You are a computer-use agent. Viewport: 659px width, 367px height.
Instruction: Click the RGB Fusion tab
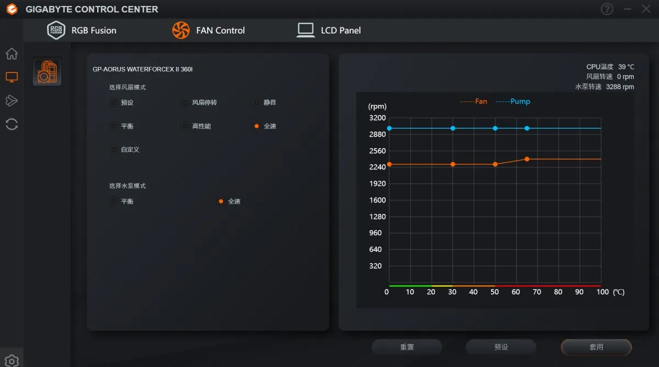click(x=81, y=30)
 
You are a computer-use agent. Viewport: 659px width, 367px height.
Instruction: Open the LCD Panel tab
click(x=328, y=30)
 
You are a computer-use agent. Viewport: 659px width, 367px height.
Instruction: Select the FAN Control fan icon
click(x=181, y=30)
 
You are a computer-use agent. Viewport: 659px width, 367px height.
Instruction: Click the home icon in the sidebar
click(x=12, y=54)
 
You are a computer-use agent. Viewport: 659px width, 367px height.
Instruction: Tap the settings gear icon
click(x=12, y=361)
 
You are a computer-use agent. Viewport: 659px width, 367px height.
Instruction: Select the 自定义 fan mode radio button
click(x=114, y=150)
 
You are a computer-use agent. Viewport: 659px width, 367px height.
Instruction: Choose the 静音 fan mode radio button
click(x=256, y=102)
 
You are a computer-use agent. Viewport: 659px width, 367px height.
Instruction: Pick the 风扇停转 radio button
click(x=185, y=102)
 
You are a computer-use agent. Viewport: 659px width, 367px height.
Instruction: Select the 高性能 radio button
click(x=185, y=126)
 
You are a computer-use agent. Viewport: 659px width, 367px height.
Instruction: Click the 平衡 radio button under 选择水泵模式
click(x=114, y=201)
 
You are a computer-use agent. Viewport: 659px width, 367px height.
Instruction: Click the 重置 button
click(x=406, y=347)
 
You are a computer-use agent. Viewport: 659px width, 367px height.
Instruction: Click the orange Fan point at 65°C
click(x=527, y=159)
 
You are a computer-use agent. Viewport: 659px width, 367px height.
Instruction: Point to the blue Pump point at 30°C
click(x=453, y=128)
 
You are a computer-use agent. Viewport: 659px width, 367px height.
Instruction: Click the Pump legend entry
click(x=513, y=101)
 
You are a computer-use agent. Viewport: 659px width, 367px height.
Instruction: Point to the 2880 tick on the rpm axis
click(x=377, y=134)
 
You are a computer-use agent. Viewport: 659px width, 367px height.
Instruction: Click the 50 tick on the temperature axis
click(x=495, y=292)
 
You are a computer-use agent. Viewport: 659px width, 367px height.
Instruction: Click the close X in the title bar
click(x=646, y=9)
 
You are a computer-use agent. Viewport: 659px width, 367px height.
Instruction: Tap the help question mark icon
click(x=607, y=9)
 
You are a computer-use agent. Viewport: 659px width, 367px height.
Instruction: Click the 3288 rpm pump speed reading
click(x=620, y=87)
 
